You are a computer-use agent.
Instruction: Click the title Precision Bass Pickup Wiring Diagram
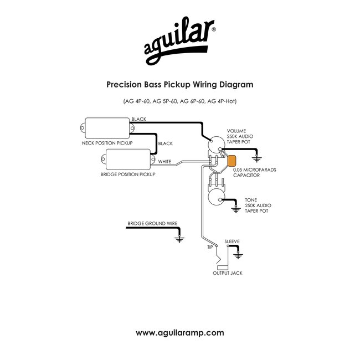[x=179, y=85]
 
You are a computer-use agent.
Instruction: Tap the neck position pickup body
[x=107, y=128]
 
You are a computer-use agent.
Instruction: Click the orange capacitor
[x=232, y=161]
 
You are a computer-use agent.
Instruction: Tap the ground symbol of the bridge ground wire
[x=179, y=239]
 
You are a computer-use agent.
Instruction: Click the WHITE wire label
[x=164, y=162]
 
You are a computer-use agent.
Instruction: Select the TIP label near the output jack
[x=210, y=246]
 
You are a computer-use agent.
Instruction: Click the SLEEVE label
[x=232, y=241]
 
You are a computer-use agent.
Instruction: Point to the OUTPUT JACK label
[x=227, y=273]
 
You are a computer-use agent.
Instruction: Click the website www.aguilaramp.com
[x=179, y=333]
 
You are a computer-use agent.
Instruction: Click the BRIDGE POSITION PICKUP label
[x=128, y=174]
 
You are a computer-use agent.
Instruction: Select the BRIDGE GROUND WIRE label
[x=152, y=224]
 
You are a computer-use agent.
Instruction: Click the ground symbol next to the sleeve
[x=239, y=256]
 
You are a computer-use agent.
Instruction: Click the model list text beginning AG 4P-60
[x=179, y=102]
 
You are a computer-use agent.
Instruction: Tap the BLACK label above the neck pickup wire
[x=138, y=119]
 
